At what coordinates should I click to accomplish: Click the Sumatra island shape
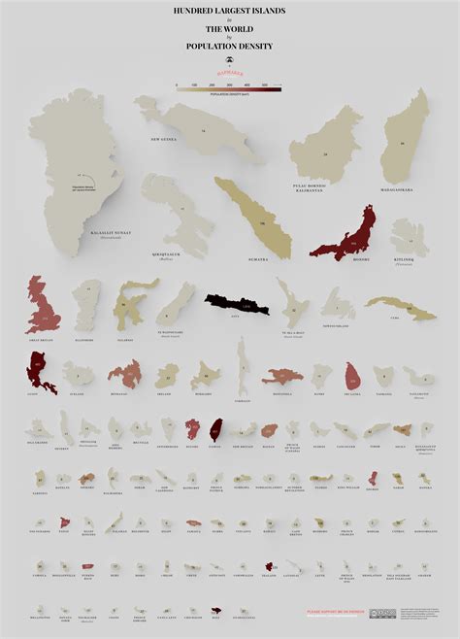tap(254, 216)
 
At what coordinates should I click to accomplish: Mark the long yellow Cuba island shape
tap(399, 308)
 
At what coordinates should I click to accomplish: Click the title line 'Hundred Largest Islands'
tap(229, 13)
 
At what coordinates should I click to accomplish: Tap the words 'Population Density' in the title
tap(229, 47)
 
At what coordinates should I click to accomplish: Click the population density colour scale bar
tap(229, 86)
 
